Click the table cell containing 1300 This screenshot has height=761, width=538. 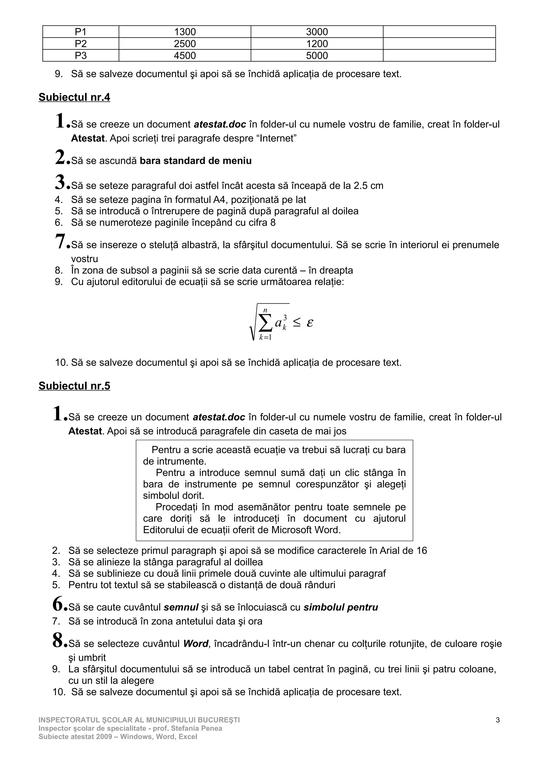point(185,32)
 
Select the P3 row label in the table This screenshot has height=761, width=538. point(81,56)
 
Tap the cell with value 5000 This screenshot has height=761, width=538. point(317,56)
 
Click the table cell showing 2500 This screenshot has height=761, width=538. point(185,44)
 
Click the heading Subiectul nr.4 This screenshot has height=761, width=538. point(74,97)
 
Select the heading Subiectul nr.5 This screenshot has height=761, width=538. point(74,386)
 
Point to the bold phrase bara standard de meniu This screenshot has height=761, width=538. point(195,161)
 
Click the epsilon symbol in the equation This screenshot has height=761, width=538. point(310,322)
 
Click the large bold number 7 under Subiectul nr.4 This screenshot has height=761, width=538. point(61,242)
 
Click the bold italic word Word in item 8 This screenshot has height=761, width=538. point(195,644)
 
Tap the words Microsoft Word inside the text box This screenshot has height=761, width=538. point(305,530)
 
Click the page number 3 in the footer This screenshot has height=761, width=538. point(498,720)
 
